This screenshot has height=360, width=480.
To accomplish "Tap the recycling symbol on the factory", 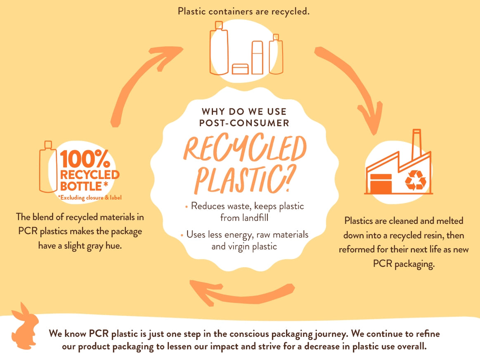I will (x=415, y=180).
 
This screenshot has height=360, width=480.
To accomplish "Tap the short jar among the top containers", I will (x=240, y=69).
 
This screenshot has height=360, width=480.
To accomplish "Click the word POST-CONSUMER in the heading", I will (x=244, y=123).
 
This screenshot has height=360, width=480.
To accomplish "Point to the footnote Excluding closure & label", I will (x=90, y=198).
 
